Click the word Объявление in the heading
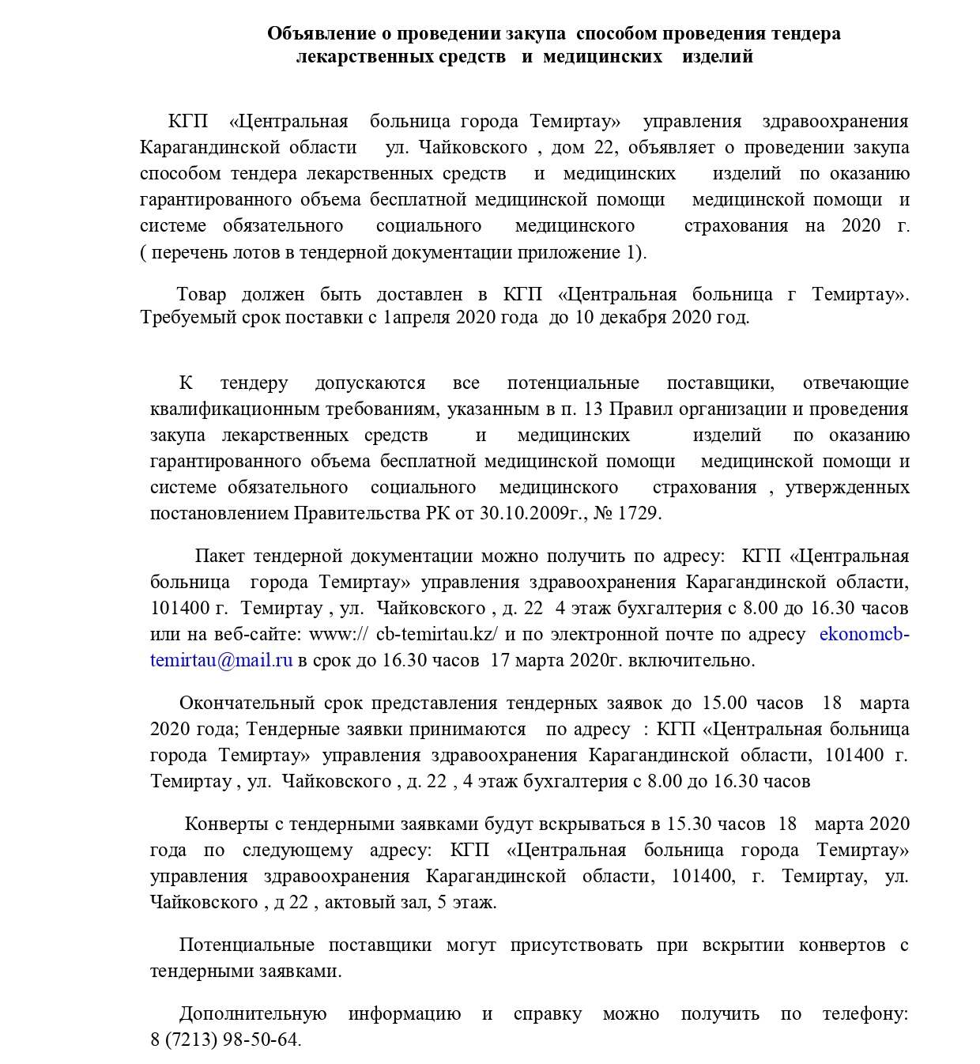point(320,34)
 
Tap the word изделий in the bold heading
point(718,57)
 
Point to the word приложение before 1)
point(584,253)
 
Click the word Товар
point(201,295)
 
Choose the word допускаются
point(370,383)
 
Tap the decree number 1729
point(638,514)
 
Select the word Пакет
point(220,557)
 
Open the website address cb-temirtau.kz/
point(436,635)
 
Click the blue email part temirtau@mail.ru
point(221,661)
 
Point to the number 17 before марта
point(500,661)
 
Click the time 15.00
point(724,704)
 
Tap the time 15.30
point(689,824)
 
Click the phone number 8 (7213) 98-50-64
point(225,1040)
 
